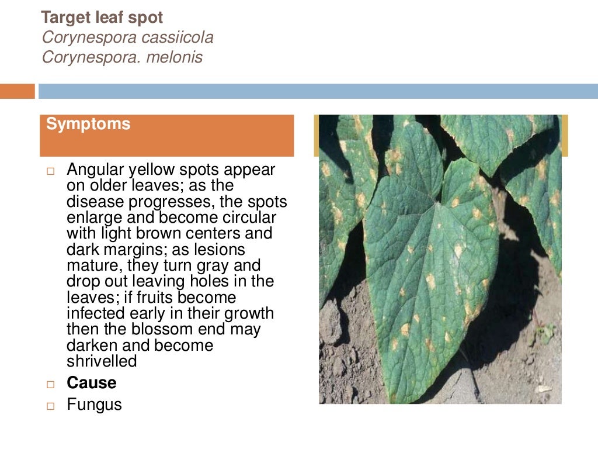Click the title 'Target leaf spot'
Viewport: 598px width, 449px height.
[x=102, y=18]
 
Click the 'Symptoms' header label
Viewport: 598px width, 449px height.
[x=88, y=124]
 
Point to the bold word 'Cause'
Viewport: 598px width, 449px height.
[x=92, y=383]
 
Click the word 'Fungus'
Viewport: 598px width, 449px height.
[x=94, y=404]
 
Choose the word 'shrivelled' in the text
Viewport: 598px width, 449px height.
[x=102, y=361]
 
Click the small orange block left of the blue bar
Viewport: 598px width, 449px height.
[x=17, y=91]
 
